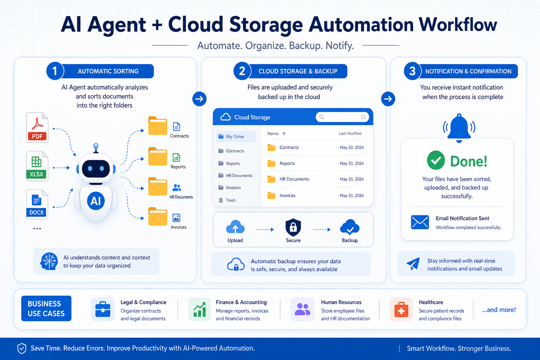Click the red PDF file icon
click(37, 127)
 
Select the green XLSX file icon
click(37, 166)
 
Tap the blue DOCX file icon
click(37, 204)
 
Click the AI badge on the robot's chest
click(96, 201)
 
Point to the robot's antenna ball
click(96, 146)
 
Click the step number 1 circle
click(55, 71)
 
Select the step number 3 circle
click(412, 71)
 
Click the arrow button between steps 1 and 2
click(199, 99)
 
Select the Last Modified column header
click(350, 133)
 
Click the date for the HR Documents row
click(352, 179)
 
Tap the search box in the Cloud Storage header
click(342, 117)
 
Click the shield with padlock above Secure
click(293, 227)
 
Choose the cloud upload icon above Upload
click(235, 227)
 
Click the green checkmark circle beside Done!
click(436, 160)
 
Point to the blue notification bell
click(459, 128)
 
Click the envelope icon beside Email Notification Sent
click(420, 222)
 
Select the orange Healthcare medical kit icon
click(401, 309)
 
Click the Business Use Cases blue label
click(46, 308)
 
